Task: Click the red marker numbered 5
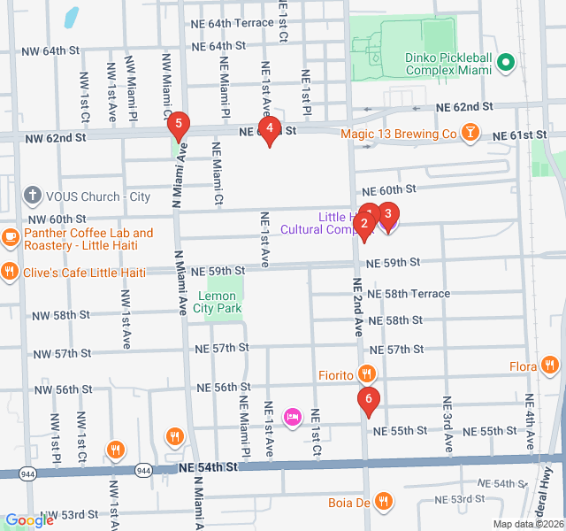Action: pos(179,125)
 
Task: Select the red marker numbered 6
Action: pos(369,400)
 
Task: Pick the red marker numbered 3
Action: pos(387,215)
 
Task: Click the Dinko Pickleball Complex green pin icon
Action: pos(506,62)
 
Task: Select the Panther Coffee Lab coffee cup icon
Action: pos(11,237)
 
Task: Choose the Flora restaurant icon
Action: pos(550,365)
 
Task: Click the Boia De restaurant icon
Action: pos(382,502)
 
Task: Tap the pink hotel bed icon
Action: pos(292,416)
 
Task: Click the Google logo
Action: pos(28,520)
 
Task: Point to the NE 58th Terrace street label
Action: pos(408,293)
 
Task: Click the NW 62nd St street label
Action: pos(55,138)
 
